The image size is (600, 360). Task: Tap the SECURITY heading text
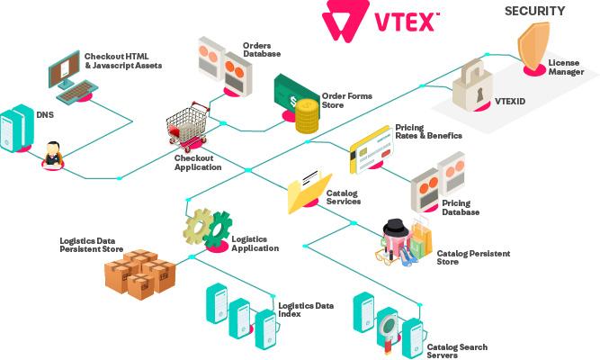533,11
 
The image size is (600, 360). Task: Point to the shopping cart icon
188,126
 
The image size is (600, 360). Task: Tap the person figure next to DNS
53,153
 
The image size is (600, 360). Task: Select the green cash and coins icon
297,103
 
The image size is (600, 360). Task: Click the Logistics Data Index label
305,310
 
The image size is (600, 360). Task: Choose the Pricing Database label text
460,208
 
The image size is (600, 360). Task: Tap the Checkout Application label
197,162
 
